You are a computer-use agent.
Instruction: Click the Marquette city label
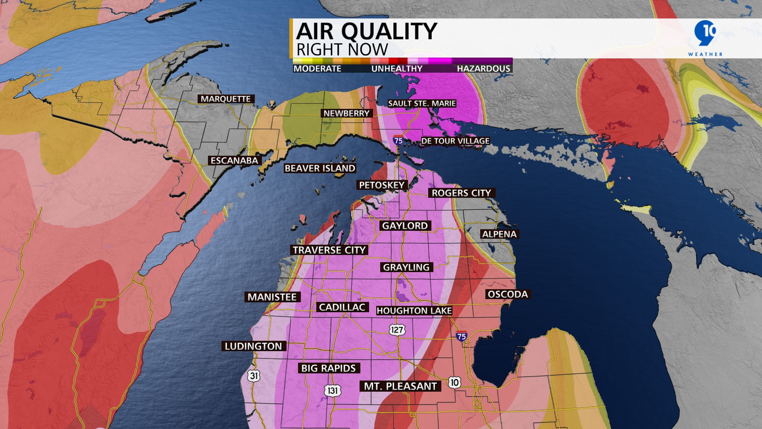pos(226,99)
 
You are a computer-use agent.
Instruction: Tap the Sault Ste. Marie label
pos(422,104)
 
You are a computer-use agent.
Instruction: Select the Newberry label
pos(346,114)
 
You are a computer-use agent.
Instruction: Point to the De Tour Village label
pos(455,141)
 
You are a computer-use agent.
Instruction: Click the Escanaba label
pos(234,160)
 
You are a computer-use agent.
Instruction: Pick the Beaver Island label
pos(320,168)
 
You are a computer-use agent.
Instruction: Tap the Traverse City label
pos(329,250)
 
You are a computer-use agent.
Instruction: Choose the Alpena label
pos(499,234)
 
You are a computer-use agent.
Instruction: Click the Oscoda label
pos(508,294)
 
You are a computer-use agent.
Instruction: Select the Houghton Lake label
pos(414,311)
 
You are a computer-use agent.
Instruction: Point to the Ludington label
pos(253,346)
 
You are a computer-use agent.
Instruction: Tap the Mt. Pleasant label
pos(400,386)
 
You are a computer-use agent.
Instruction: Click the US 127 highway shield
pos(397,330)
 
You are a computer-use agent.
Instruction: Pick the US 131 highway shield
pos(333,390)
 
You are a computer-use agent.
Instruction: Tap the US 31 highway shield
pos(254,376)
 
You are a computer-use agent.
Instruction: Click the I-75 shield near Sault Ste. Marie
pos(398,140)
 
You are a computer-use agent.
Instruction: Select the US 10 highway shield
pos(454,383)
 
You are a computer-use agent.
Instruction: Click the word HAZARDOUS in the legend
pos(483,69)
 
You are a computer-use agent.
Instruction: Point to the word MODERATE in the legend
pos(317,69)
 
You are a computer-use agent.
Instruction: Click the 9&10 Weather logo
pos(705,38)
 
